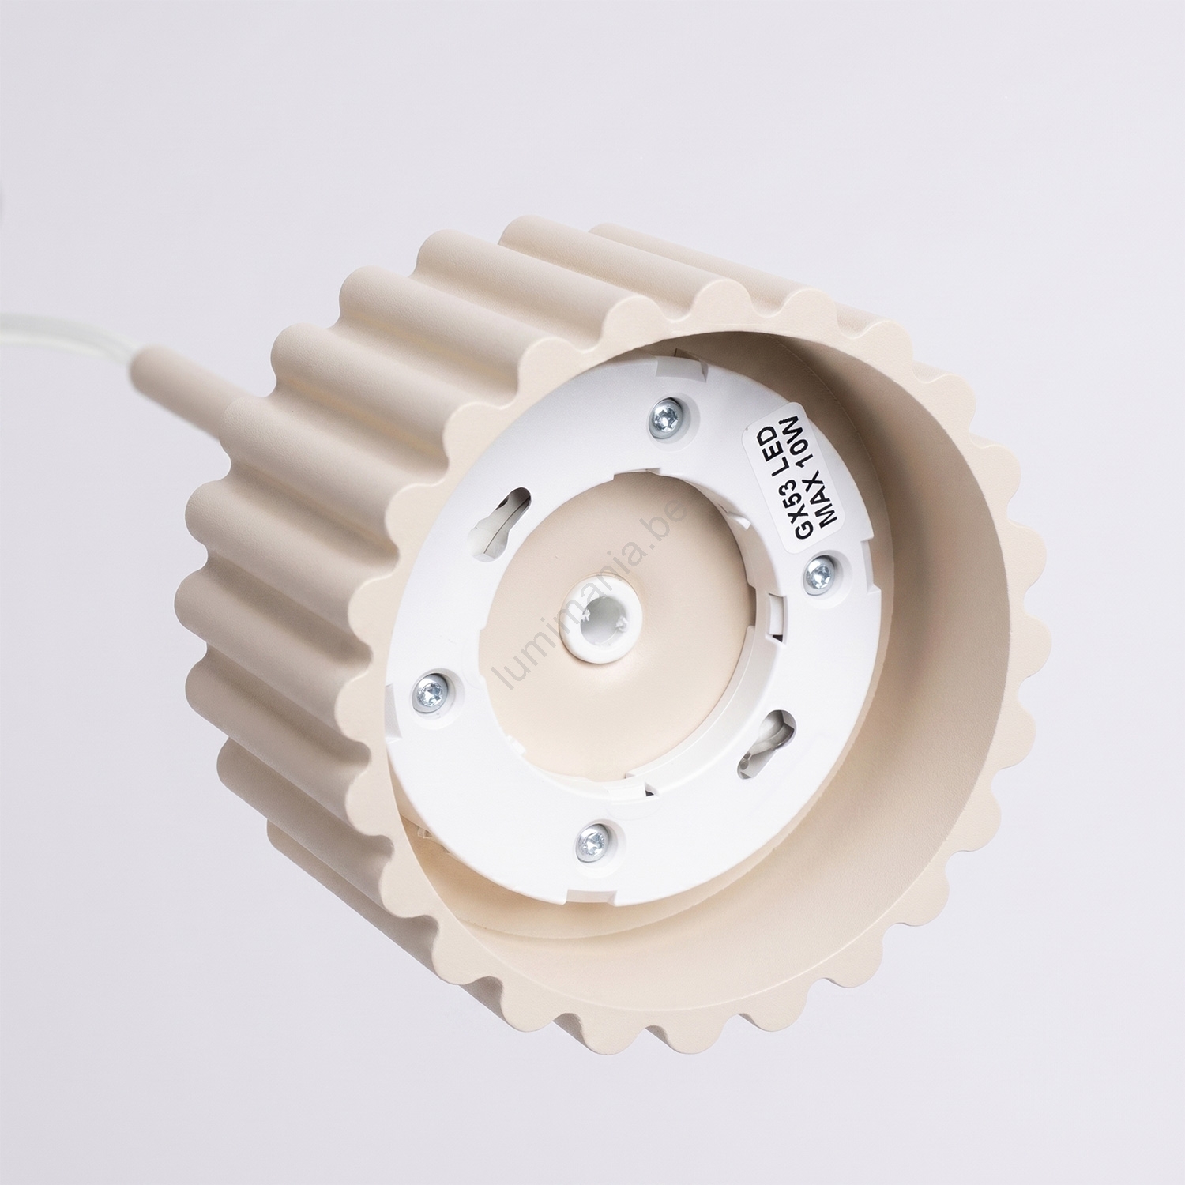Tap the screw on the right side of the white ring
[818, 574]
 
